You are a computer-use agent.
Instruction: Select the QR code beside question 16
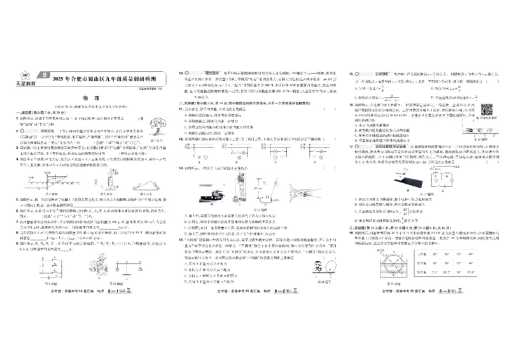487,110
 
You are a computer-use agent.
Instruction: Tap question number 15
351,74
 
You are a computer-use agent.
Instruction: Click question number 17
351,146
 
